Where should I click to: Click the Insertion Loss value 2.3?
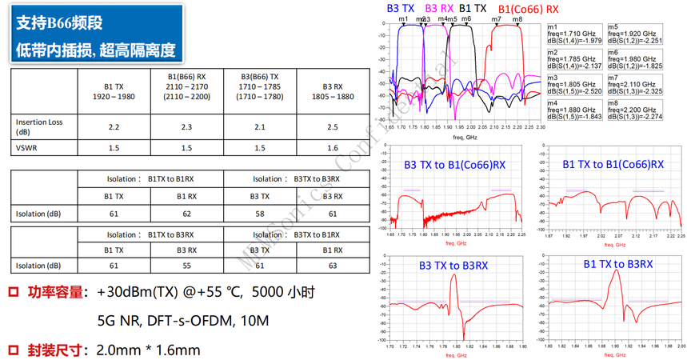(x=186, y=127)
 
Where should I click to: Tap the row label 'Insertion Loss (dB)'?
(x=40, y=127)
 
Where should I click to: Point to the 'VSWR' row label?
(x=27, y=148)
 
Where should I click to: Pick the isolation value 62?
(x=187, y=214)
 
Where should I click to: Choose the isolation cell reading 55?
(x=187, y=266)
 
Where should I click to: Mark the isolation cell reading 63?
(x=332, y=266)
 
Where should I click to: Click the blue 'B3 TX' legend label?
(x=401, y=8)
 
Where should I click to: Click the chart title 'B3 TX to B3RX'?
(x=452, y=264)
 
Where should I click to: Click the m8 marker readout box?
(x=636, y=113)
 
